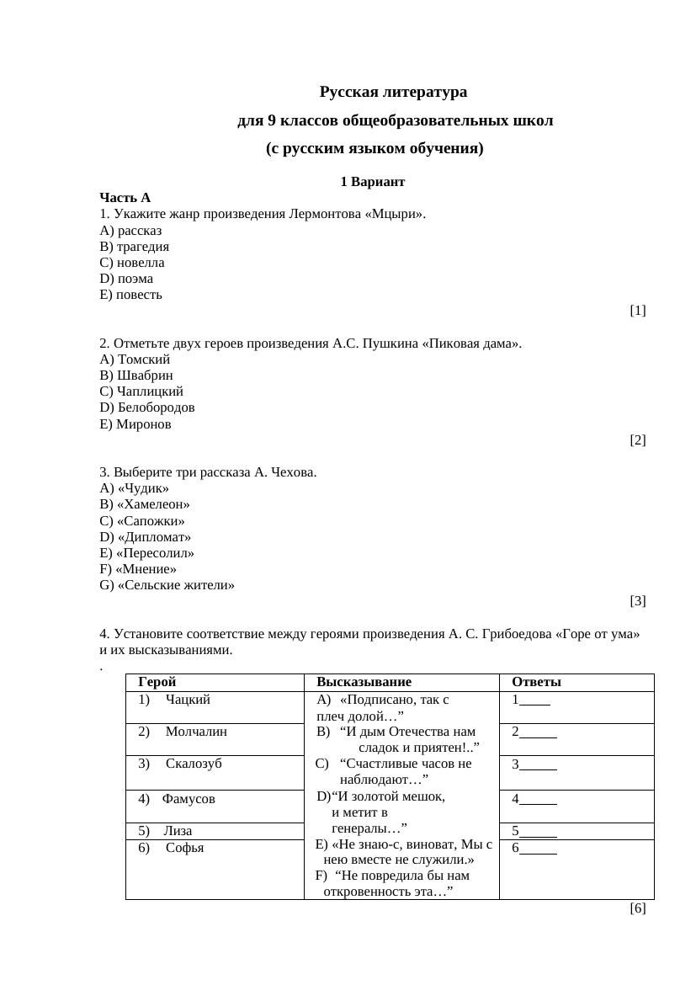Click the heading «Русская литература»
click(392, 92)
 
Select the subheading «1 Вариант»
click(372, 182)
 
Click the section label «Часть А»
click(125, 198)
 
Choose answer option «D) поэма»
click(126, 279)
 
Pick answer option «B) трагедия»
click(134, 247)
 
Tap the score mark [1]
click(637, 311)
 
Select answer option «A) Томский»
click(135, 359)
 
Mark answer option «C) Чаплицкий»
click(141, 391)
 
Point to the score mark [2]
click(637, 440)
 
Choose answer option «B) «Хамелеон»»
click(144, 504)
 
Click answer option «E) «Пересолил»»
click(146, 553)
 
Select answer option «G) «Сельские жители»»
click(167, 585)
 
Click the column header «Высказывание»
click(364, 682)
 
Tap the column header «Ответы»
click(536, 682)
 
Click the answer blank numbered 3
click(538, 764)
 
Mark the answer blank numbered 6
click(538, 849)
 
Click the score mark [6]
click(637, 908)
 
